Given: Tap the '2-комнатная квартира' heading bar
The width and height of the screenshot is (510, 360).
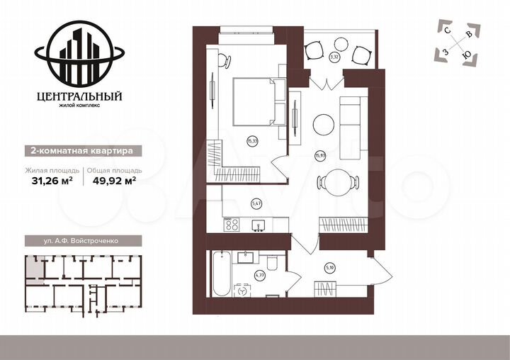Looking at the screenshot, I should click(x=79, y=150).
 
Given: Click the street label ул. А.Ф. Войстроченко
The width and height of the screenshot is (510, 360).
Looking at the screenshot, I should click(x=81, y=241).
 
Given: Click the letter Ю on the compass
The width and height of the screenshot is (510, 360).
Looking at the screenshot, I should click(x=465, y=56).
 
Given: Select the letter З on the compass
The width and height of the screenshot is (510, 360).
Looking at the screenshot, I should click(x=446, y=52).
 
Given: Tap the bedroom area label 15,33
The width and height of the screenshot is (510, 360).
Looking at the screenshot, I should click(x=251, y=141).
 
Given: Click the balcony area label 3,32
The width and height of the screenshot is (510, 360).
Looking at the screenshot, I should click(x=334, y=57).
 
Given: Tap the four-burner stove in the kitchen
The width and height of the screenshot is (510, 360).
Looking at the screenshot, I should click(x=232, y=225).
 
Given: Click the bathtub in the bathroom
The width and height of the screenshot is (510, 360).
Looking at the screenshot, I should click(x=220, y=273).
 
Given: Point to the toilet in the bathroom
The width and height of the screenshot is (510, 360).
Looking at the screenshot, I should click(x=244, y=291).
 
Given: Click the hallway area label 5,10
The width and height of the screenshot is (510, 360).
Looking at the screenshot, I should click(x=329, y=267).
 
